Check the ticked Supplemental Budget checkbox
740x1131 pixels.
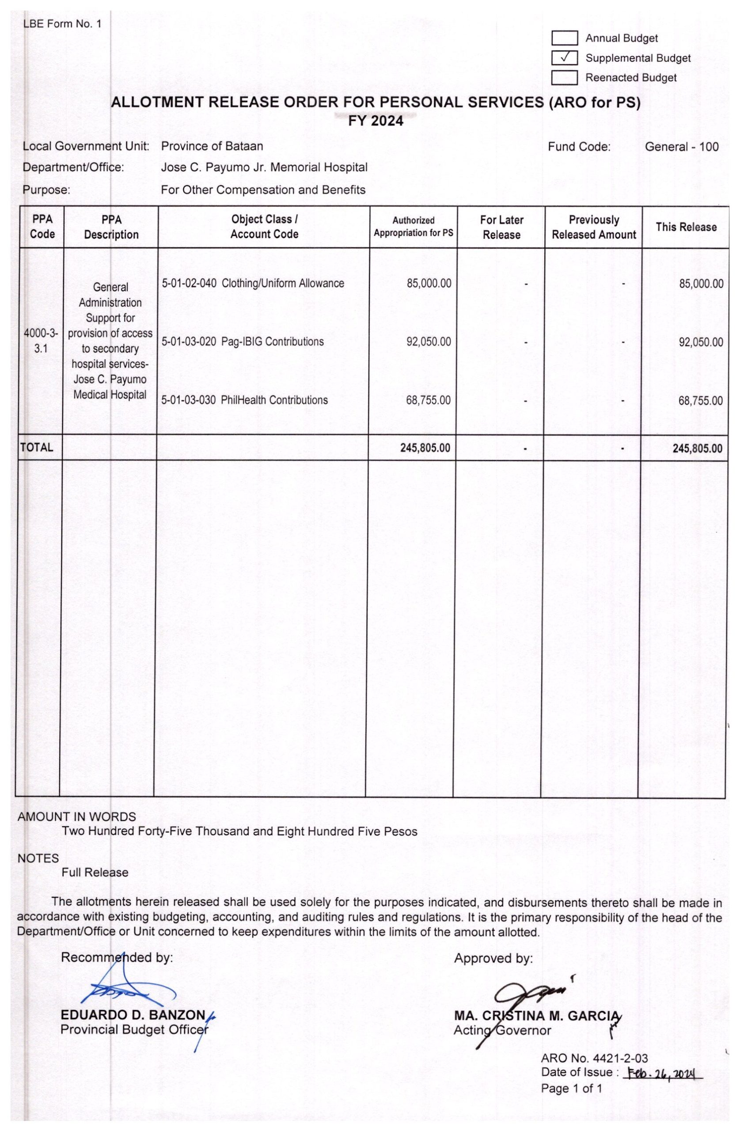click(x=564, y=58)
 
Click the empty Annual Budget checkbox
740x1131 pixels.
click(x=564, y=38)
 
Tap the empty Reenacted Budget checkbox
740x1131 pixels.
click(x=564, y=77)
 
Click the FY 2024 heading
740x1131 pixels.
click(x=376, y=121)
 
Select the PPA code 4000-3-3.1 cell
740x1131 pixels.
click(x=41, y=341)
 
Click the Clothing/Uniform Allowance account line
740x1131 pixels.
click(x=253, y=284)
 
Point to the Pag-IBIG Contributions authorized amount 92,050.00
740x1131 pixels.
click(x=428, y=342)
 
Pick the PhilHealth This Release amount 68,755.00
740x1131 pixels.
click(x=700, y=401)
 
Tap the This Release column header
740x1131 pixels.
click(x=686, y=227)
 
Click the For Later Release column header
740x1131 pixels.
click(x=501, y=227)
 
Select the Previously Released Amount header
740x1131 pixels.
click(x=594, y=227)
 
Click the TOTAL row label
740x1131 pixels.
click(x=37, y=447)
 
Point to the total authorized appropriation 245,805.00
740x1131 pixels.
click(x=425, y=448)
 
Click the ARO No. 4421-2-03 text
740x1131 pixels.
click(x=594, y=1058)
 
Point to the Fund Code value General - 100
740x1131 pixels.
click(x=681, y=147)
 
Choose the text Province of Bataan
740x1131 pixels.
click(x=212, y=146)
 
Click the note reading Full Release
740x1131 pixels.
click(x=95, y=873)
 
